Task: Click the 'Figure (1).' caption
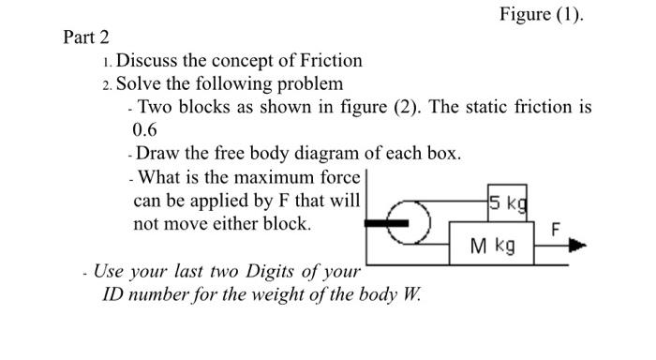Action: tap(541, 15)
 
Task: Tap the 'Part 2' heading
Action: tap(86, 38)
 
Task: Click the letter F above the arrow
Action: tap(556, 229)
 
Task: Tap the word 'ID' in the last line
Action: tap(113, 293)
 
